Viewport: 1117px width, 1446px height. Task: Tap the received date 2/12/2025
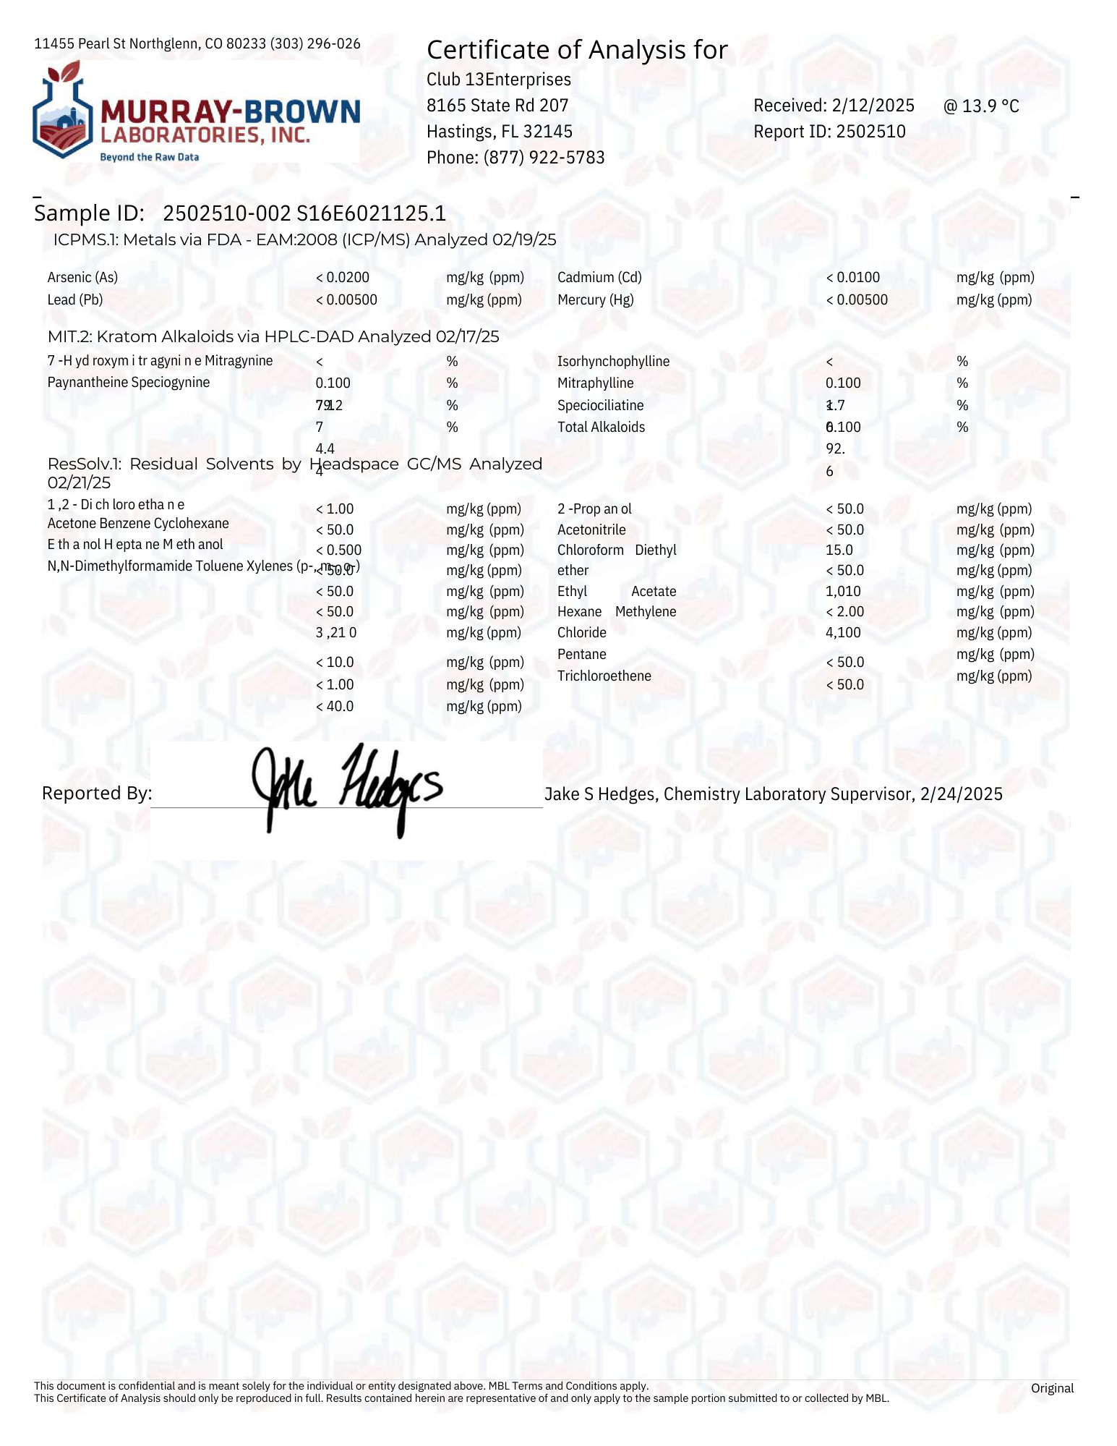(x=873, y=106)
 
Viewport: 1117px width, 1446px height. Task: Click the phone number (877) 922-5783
(x=544, y=158)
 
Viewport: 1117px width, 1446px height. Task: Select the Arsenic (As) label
(x=82, y=277)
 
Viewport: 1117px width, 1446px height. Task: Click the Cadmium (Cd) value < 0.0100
(x=852, y=277)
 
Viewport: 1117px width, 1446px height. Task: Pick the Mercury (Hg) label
(x=595, y=299)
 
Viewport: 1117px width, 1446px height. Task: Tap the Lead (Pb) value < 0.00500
(x=346, y=299)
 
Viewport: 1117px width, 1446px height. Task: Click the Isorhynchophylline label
(x=613, y=361)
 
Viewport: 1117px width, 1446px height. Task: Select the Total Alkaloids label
(x=601, y=427)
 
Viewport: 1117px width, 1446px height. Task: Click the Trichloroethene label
(x=604, y=676)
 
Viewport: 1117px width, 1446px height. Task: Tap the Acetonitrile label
(x=591, y=530)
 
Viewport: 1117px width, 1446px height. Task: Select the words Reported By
(x=96, y=794)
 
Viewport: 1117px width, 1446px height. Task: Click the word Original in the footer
(x=1051, y=1387)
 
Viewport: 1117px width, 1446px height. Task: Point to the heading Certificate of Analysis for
(x=576, y=50)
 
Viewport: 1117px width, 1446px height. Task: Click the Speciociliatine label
(x=600, y=405)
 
